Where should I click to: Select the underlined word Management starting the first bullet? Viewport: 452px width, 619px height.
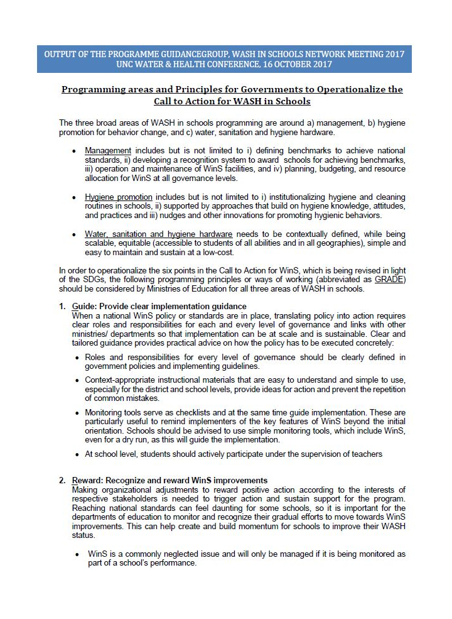108,151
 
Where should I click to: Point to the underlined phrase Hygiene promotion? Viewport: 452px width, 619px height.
119,197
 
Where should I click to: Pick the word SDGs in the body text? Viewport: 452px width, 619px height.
92,280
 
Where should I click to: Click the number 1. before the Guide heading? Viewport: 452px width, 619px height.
63,306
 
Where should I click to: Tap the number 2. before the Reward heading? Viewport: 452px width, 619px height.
63,481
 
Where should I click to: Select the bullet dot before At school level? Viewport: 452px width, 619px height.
77,454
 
